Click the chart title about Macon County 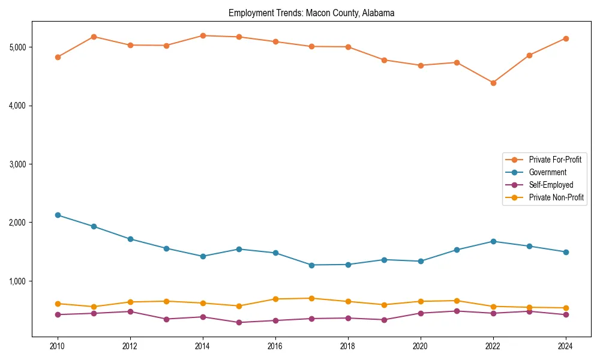(311, 13)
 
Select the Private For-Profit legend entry (555, 160)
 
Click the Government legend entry (547, 172)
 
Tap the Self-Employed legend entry (551, 185)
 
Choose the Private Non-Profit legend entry (556, 197)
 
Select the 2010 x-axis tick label (58, 346)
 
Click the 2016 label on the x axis (275, 346)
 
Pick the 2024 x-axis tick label (565, 346)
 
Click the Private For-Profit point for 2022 (493, 83)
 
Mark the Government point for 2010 (58, 215)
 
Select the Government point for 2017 (311, 265)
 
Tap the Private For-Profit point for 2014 (203, 35)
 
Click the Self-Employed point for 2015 (239, 322)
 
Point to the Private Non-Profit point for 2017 (311, 298)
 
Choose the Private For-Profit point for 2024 (565, 38)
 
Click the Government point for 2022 (493, 241)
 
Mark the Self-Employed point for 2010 (58, 314)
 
